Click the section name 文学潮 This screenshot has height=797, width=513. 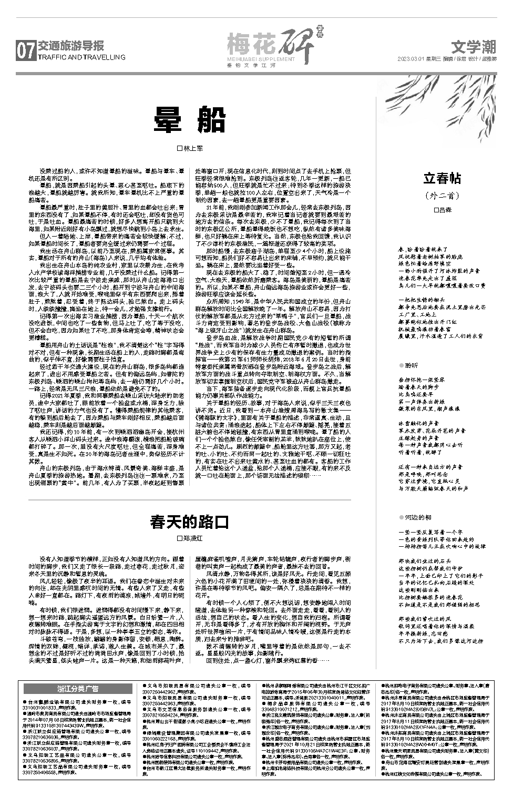click(x=473, y=48)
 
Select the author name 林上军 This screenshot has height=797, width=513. click(x=192, y=149)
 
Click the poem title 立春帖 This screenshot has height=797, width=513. click(x=442, y=179)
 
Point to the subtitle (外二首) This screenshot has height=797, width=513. click(x=442, y=196)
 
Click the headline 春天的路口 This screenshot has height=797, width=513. click(x=190, y=522)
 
